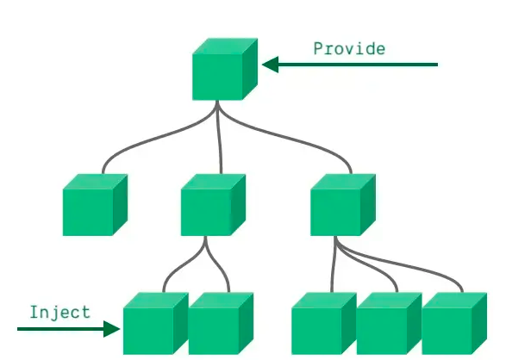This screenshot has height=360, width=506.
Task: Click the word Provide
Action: pyautogui.click(x=349, y=49)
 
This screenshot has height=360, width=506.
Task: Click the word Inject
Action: pyautogui.click(x=60, y=313)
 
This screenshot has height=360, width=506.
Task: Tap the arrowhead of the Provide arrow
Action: pyautogui.click(x=271, y=65)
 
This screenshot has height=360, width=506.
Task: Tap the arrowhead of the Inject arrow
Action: pyautogui.click(x=112, y=329)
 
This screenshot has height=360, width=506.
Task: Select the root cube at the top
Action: pyautogui.click(x=225, y=69)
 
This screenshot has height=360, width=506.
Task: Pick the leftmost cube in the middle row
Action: pyautogui.click(x=95, y=205)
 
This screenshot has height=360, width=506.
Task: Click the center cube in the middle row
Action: pyautogui.click(x=213, y=205)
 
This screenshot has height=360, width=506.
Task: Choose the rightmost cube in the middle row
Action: pyautogui.click(x=343, y=205)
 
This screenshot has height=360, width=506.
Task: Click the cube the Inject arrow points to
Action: pyautogui.click(x=156, y=323)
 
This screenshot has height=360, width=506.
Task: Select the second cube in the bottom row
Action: pyautogui.click(x=221, y=323)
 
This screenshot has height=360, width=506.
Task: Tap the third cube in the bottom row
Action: pyautogui.click(x=324, y=323)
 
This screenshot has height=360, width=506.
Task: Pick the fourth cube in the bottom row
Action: pyautogui.click(x=389, y=323)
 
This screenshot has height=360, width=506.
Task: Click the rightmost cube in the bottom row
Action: pyautogui.click(x=454, y=323)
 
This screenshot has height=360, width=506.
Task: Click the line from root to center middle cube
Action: pyautogui.click(x=219, y=137)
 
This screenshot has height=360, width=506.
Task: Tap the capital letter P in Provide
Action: pyautogui.click(x=318, y=48)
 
